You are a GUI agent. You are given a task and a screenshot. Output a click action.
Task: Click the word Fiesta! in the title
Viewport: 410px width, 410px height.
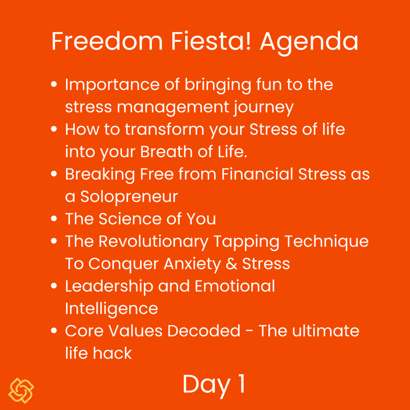coord(211,41)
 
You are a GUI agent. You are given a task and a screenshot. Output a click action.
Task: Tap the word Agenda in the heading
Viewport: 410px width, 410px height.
coord(309,44)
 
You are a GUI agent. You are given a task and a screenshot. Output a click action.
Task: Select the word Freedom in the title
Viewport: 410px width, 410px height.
coord(107,41)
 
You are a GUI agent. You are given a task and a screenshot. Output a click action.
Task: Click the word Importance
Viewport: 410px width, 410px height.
coord(112,85)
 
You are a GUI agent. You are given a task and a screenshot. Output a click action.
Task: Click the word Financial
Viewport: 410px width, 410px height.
coord(257,174)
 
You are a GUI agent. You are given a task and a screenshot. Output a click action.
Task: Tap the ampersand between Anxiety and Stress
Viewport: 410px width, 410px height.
coord(231,264)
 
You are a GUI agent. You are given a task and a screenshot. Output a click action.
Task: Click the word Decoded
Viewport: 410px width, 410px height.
coord(204,331)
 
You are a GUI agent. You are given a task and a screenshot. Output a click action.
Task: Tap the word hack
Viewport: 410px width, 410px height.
coord(112,353)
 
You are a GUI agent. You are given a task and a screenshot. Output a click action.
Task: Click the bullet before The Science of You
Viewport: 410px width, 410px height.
coord(54,219)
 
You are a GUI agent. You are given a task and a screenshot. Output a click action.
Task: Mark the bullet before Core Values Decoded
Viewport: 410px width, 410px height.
coord(54,331)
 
